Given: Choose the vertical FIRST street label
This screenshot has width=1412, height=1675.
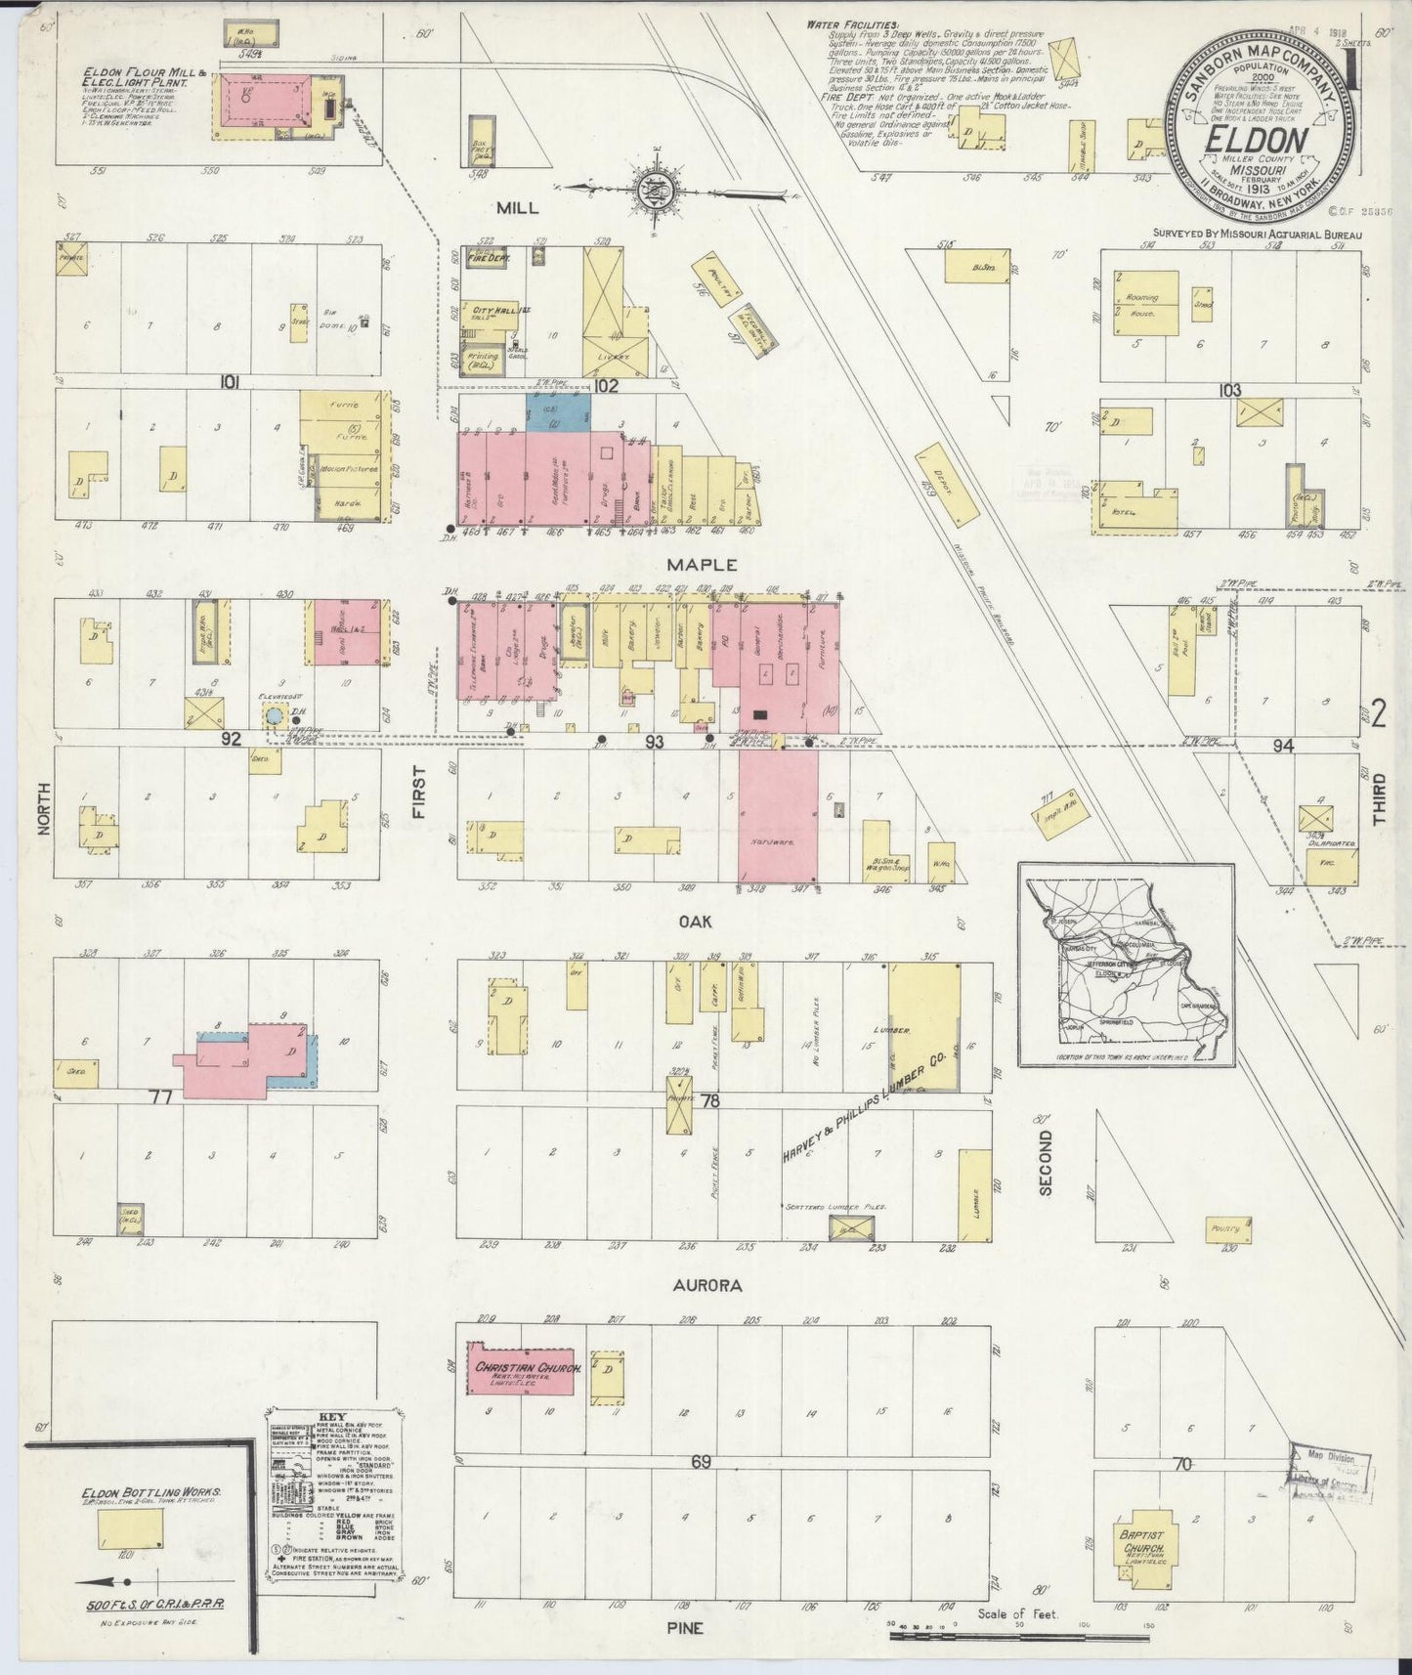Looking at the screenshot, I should (x=418, y=793).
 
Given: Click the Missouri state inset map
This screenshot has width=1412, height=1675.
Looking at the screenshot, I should (x=1127, y=965).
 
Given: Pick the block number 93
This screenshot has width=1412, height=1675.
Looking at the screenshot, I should (x=654, y=743).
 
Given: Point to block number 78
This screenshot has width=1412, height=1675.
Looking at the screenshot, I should (x=710, y=1100).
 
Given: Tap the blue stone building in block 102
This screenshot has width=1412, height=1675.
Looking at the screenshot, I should (x=558, y=410).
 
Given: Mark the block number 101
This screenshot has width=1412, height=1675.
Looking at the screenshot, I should (x=230, y=382).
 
